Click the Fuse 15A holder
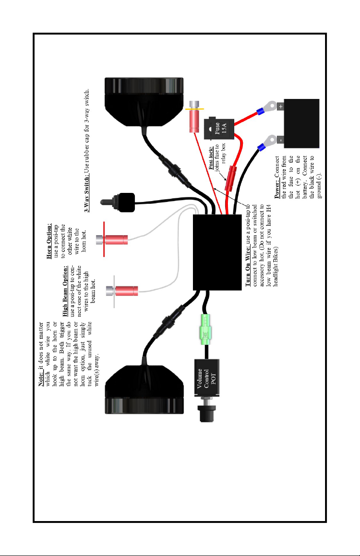(219, 128)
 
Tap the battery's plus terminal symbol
(281, 107)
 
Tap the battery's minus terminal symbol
(281, 140)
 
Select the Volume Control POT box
(207, 377)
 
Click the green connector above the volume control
(206, 329)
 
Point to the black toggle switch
(118, 202)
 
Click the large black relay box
(217, 252)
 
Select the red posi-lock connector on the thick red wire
(231, 179)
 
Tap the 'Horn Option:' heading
(49, 241)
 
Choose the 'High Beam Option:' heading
(65, 291)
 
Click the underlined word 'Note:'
(41, 379)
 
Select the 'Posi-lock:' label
(211, 158)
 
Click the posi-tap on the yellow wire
(194, 117)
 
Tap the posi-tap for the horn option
(112, 240)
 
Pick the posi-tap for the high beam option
(122, 291)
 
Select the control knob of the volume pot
(207, 413)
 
